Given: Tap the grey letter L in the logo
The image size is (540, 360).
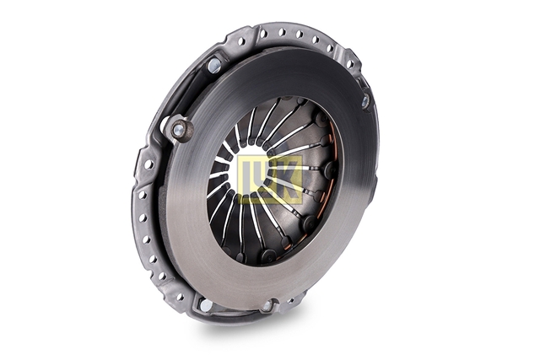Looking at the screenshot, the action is pos(249,179).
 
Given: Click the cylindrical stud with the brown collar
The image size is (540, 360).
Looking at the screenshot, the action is pos(180,129).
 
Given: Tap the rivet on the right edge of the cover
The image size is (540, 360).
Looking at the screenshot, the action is pos(365,101).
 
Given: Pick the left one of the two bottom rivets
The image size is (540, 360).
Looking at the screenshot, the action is pos(206,304).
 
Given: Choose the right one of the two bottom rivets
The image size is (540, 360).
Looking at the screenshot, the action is pos(267,306).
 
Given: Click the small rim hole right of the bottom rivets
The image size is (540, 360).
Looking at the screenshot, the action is pos(291,300).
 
